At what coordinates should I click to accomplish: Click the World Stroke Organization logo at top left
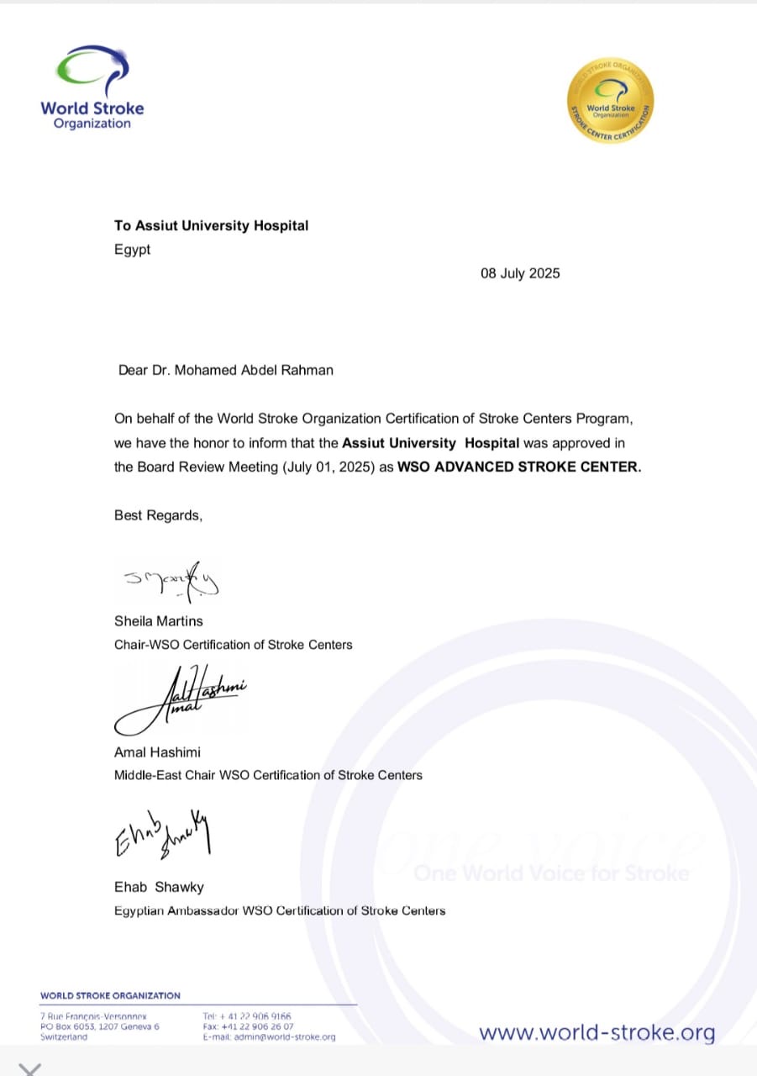(x=92, y=88)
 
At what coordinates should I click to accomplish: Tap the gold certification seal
(x=611, y=100)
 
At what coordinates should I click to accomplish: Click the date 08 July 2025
(x=520, y=273)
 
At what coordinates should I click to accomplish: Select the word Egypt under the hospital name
(x=133, y=250)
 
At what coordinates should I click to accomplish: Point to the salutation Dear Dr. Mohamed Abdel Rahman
(x=226, y=370)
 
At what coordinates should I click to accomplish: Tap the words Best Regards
(x=158, y=515)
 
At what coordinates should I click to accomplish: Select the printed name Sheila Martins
(x=159, y=621)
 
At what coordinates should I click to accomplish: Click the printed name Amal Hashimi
(x=157, y=752)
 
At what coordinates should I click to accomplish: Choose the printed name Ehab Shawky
(x=159, y=887)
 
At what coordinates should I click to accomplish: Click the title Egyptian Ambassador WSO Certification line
(x=280, y=910)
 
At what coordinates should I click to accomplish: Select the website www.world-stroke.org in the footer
(x=597, y=1032)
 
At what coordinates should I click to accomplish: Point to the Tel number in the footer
(x=247, y=1016)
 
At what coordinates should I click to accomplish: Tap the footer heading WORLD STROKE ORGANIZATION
(x=110, y=995)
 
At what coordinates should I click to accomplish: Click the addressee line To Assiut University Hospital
(x=211, y=225)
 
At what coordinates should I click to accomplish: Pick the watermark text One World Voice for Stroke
(x=551, y=873)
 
